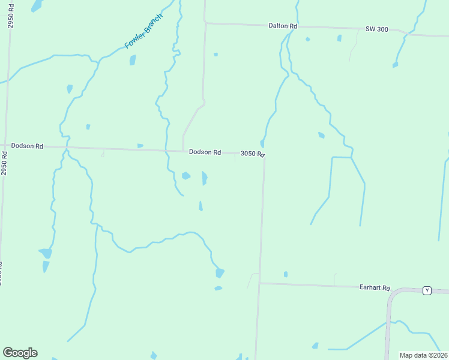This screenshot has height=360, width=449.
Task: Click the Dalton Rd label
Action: tap(283, 26)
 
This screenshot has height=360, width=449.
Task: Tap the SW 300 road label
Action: tap(377, 29)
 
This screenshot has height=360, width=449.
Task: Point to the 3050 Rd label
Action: tap(252, 154)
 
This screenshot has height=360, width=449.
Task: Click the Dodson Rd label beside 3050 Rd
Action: tap(205, 152)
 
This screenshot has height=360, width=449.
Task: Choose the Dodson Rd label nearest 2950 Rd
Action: tap(27, 146)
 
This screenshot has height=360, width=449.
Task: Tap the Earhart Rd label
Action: tap(375, 287)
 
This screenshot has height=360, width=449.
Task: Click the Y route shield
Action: tap(427, 290)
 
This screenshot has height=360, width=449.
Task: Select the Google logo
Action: tap(20, 353)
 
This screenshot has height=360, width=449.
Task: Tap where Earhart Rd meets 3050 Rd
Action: tap(260, 283)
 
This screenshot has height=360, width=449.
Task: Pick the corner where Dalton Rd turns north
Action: tap(205, 23)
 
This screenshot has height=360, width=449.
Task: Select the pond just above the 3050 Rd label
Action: tap(262, 143)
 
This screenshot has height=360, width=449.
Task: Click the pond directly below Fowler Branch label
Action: tap(133, 60)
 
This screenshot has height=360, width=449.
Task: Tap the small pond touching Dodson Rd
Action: tap(140, 146)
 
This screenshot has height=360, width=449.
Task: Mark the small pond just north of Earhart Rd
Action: tap(286, 274)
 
